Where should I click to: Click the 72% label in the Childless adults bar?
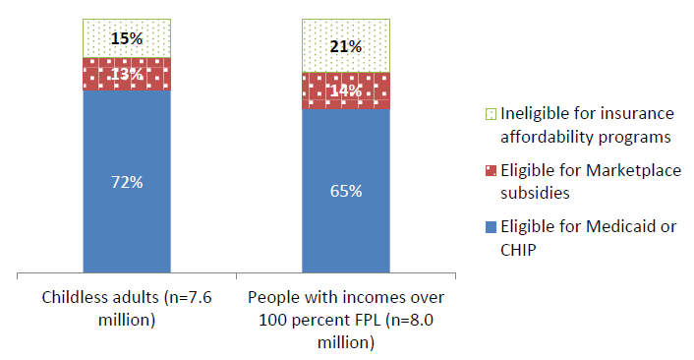tap(127, 182)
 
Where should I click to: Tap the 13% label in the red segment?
tap(127, 74)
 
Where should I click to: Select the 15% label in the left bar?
tap(127, 38)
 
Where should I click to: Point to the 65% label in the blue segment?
tap(346, 191)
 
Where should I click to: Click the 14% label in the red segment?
tap(346, 90)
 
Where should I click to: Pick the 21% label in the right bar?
tap(346, 46)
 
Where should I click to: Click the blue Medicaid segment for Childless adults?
tap(127, 226)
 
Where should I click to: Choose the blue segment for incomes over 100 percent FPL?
tap(346, 236)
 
